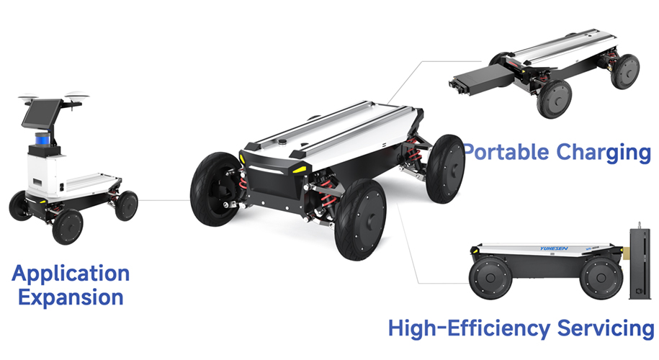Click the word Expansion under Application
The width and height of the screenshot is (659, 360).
coord(71,297)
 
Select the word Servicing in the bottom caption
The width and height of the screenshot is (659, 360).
coord(605,329)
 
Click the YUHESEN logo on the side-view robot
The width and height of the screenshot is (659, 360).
coord(554,248)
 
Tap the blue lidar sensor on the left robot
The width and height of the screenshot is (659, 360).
coord(42,139)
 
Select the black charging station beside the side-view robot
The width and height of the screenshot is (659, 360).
coord(640,263)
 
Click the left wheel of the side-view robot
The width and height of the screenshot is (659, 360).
coord(490,278)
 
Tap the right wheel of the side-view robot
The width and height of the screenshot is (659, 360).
coord(601,278)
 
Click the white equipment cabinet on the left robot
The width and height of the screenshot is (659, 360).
coord(47,174)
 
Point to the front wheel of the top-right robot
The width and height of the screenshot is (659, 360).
coord(555,99)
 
